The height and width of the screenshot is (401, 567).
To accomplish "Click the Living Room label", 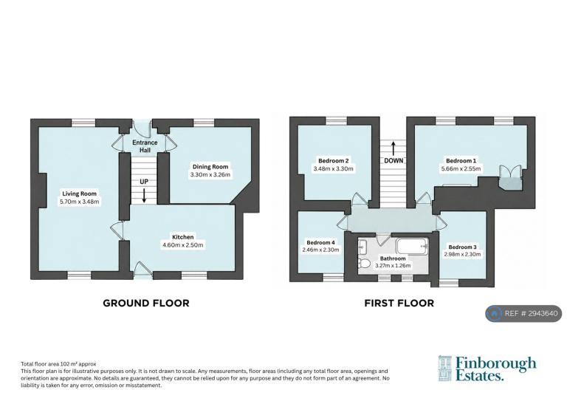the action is (79, 193).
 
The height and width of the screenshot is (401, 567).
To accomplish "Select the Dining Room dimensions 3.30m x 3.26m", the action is (210, 174).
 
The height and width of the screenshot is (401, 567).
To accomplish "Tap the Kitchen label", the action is (182, 237).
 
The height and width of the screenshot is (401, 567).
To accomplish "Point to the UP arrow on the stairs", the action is (144, 195).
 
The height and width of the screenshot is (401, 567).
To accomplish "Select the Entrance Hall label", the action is (145, 146).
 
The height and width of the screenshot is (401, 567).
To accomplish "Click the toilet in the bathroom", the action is (364, 262).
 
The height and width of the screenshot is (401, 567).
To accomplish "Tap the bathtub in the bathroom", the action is (412, 246).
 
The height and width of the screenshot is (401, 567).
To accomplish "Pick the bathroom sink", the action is (362, 247).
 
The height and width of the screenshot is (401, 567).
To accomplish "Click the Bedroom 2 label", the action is (334, 160).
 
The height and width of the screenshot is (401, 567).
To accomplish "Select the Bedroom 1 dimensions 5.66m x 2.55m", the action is (461, 168).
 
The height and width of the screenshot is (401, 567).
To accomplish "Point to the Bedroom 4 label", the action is (320, 242).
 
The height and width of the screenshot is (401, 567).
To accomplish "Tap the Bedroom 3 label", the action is (462, 247).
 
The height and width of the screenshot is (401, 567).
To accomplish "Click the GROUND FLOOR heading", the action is (146, 303).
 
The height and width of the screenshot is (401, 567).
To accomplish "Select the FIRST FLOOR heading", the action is (399, 303).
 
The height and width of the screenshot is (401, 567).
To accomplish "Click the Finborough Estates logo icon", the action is (445, 369).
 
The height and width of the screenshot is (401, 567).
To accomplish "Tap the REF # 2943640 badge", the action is (523, 313).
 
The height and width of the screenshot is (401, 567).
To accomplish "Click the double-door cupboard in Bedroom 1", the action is (510, 176).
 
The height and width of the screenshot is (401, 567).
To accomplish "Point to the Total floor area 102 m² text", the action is (58, 364).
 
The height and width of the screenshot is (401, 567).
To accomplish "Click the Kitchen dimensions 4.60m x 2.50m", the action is (183, 244).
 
